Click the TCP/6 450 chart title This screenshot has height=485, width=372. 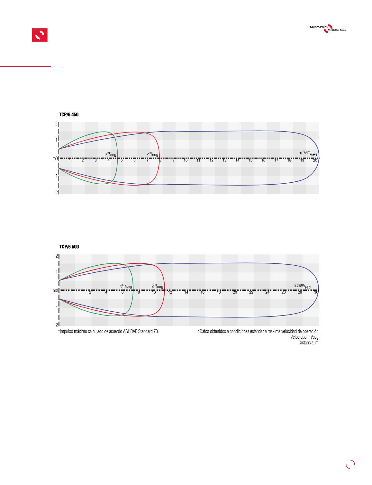(x=69, y=114)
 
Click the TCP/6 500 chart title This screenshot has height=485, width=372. (x=69, y=247)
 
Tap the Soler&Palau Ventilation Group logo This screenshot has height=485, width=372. (x=328, y=29)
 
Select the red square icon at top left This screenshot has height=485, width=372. (x=40, y=35)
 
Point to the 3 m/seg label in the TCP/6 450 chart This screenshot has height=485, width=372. (x=110, y=154)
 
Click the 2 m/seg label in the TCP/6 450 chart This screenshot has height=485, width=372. (x=152, y=154)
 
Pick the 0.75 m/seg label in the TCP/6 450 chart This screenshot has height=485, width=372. (x=308, y=153)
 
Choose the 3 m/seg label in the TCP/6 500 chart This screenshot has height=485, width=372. (x=126, y=286)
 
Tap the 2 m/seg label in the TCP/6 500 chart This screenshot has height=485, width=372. (x=157, y=286)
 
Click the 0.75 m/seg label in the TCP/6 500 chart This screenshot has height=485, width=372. (x=302, y=286)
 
